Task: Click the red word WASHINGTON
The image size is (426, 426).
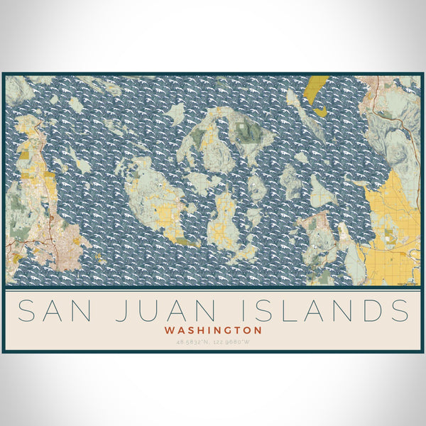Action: (x=213, y=330)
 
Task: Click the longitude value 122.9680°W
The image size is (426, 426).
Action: (x=231, y=342)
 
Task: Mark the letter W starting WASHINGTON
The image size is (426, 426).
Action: (x=169, y=330)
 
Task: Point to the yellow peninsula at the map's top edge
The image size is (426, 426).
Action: (x=316, y=89)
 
